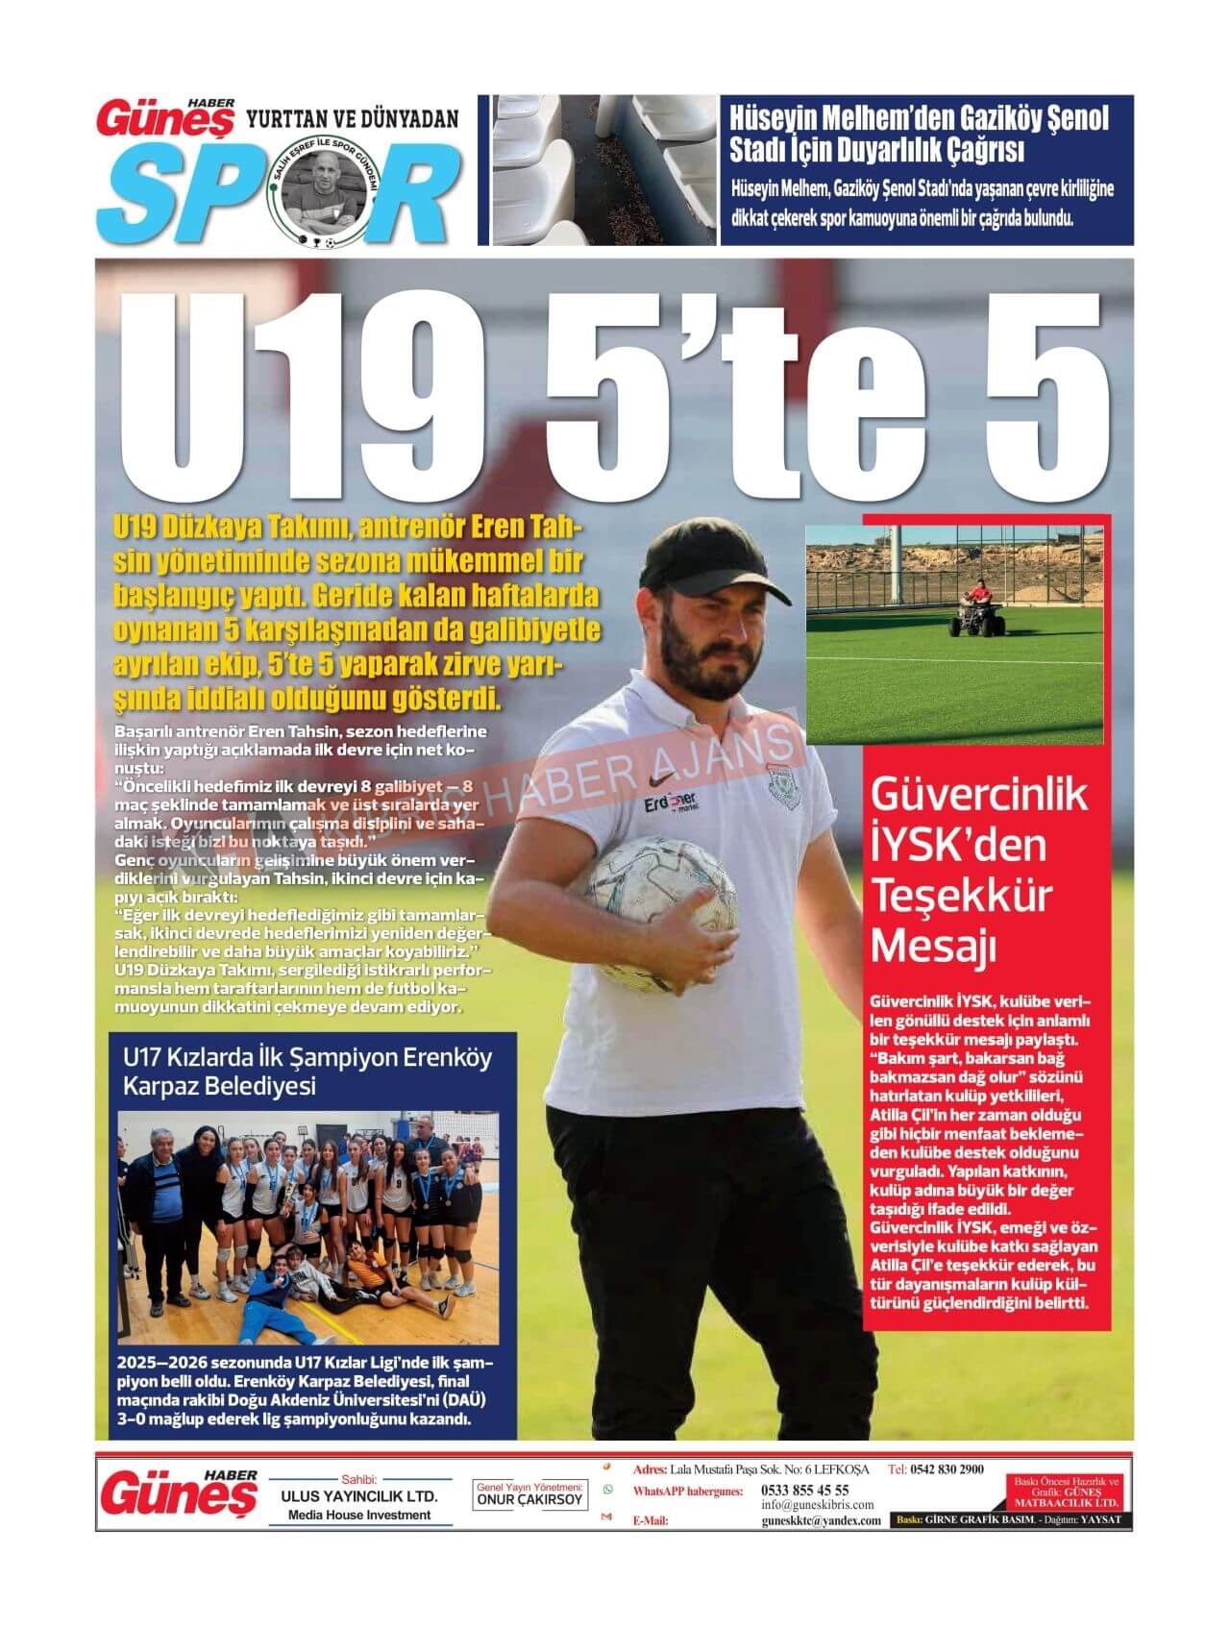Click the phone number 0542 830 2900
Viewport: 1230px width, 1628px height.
(x=947, y=1469)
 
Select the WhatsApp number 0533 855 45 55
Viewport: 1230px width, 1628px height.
(x=804, y=1490)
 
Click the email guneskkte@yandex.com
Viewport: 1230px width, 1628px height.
(x=821, y=1520)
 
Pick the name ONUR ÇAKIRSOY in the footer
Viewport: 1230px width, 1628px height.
(x=530, y=1499)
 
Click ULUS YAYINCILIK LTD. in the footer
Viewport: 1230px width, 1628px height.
(x=358, y=1497)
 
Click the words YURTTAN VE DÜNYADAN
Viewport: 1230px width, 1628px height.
(x=353, y=118)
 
